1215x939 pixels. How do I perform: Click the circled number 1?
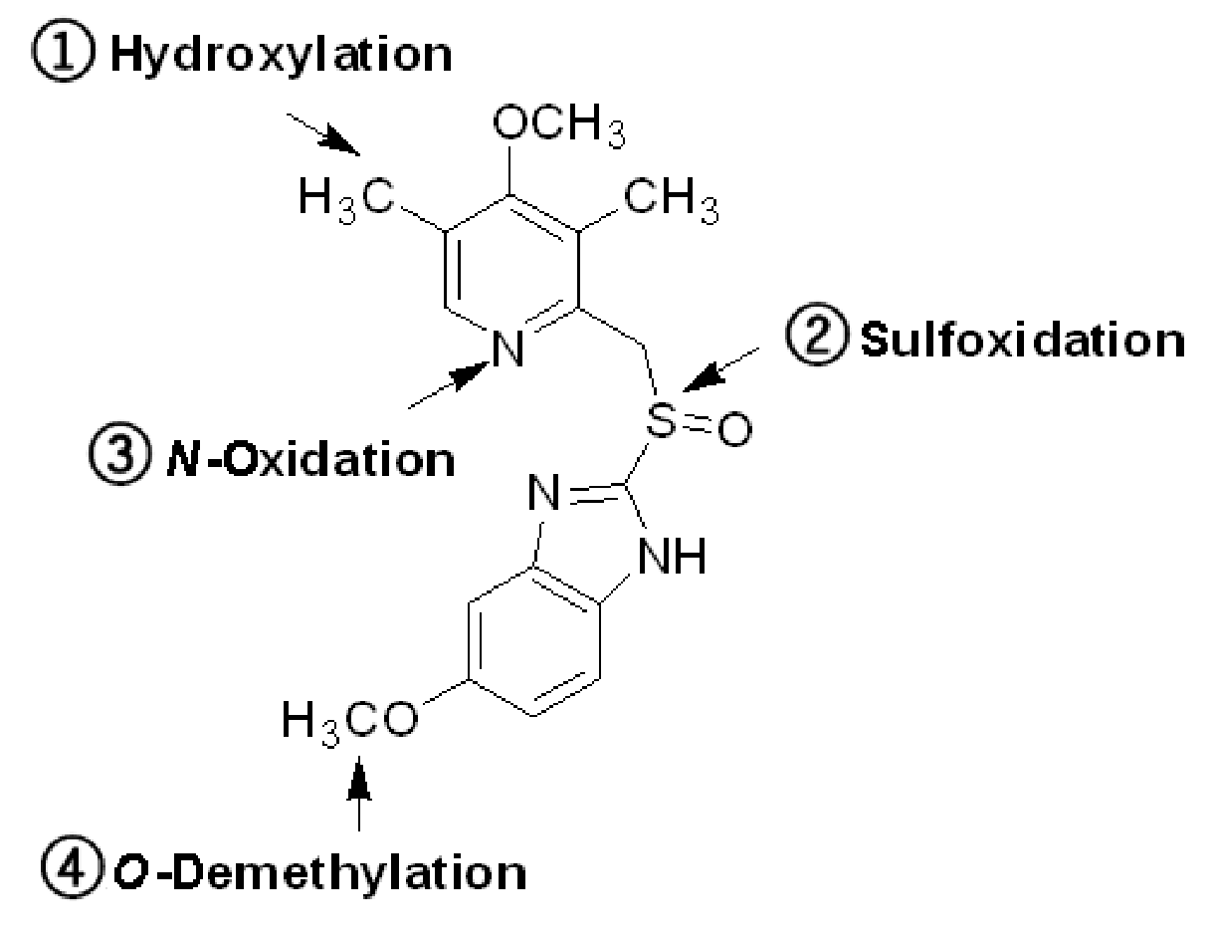[63, 50]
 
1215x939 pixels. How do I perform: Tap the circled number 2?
[817, 334]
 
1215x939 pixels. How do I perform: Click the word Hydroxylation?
[282, 56]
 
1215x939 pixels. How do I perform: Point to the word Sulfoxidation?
[1023, 340]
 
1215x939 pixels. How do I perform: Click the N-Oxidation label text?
[310, 459]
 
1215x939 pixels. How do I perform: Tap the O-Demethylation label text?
[320, 872]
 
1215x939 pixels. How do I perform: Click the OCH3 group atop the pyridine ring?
[558, 125]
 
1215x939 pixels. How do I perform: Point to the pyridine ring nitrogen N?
[507, 349]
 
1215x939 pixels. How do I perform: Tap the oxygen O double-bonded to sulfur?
[734, 429]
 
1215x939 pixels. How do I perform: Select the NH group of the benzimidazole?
[672, 556]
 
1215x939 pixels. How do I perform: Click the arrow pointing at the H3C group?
[323, 134]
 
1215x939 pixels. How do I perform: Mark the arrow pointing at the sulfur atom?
[720, 369]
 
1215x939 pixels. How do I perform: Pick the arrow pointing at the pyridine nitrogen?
[449, 385]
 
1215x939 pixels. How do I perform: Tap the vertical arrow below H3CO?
[359, 794]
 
